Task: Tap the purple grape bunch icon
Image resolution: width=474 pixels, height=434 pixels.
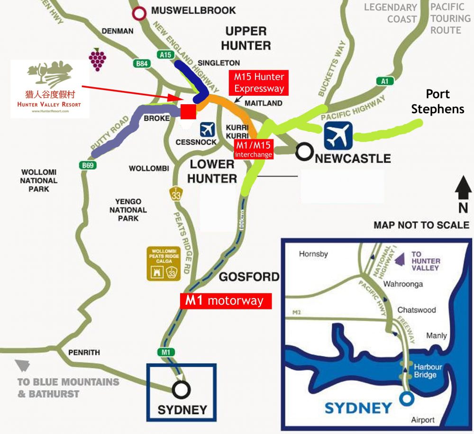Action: coord(98,59)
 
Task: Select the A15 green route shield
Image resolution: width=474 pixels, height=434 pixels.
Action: coord(165,55)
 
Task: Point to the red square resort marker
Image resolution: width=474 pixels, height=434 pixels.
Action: coord(188,111)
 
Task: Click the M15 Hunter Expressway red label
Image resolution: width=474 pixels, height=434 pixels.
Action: coord(259,82)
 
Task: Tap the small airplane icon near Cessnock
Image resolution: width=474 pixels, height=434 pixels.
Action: coord(207,129)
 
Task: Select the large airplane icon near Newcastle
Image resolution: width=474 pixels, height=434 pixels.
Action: coord(338,136)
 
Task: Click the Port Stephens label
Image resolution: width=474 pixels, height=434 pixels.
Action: coord(437,101)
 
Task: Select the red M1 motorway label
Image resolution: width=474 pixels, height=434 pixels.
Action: coord(226,300)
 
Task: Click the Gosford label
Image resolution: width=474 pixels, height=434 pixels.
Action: coord(249,277)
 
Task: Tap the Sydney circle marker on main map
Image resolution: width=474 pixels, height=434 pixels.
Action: coord(181,389)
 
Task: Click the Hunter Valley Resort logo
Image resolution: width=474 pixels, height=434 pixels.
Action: coord(49,89)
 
